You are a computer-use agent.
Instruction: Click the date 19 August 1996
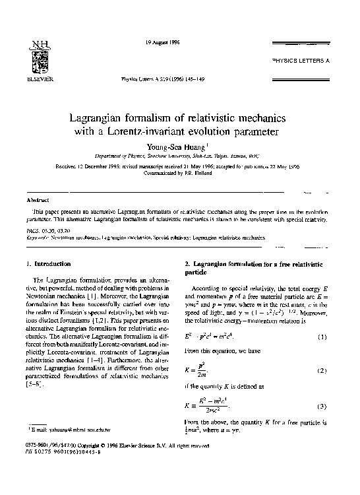click(161, 44)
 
